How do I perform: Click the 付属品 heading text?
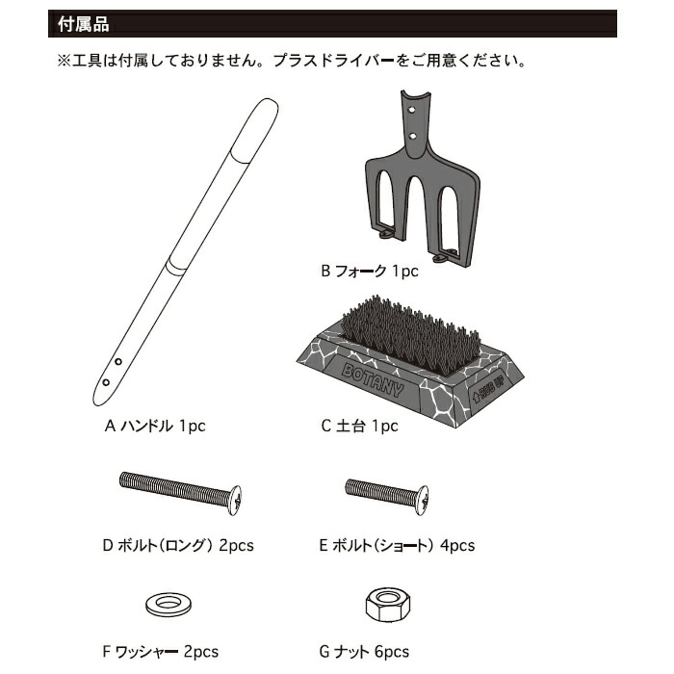(83, 24)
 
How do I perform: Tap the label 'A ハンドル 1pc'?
(155, 426)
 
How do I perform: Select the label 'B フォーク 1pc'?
(369, 271)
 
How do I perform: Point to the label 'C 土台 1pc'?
(359, 426)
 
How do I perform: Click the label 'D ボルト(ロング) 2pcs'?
(178, 545)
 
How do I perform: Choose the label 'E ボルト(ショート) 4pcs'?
(397, 545)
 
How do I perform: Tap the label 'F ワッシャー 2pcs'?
(161, 652)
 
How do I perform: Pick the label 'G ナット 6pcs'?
(364, 652)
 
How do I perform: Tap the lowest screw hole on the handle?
(106, 382)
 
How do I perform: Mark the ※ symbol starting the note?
(65, 61)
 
